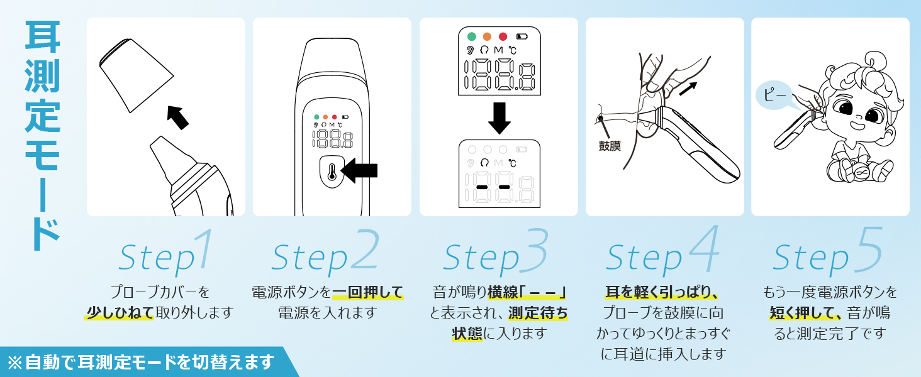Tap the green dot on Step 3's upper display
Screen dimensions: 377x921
point(471,36)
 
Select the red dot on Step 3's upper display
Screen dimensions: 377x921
point(503,36)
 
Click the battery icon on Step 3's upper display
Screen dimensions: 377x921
point(522,36)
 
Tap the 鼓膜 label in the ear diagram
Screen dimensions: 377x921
point(610,146)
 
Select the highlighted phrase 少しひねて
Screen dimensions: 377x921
point(119,312)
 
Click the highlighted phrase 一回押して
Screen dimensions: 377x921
point(367,292)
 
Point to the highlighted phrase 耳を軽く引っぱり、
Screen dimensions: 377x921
point(662,292)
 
